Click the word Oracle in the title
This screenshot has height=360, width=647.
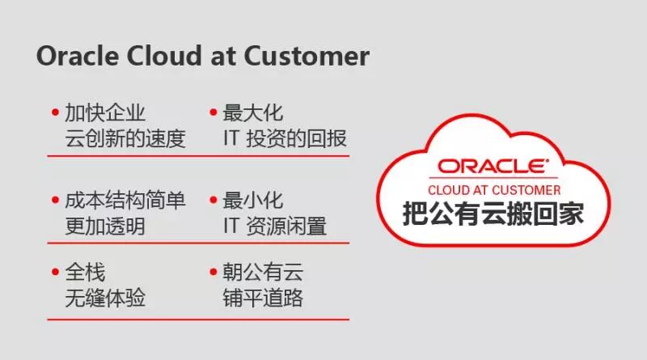(78, 56)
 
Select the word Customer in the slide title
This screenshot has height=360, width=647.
(307, 56)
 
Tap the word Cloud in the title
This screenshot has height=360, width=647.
(165, 56)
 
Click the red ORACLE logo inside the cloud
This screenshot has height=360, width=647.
(493, 166)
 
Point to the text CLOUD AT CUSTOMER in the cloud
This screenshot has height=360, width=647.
(494, 190)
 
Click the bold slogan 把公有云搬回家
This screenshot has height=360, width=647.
(493, 214)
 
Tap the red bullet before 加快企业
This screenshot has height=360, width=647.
(55, 112)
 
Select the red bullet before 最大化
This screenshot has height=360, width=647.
(214, 112)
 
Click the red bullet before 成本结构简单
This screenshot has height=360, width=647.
(55, 201)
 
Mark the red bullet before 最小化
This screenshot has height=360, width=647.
(214, 201)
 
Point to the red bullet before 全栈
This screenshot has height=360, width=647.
(55, 272)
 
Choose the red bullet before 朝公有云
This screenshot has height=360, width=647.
(214, 272)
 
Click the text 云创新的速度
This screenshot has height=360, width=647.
(125, 138)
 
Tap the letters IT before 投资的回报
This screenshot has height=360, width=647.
(231, 138)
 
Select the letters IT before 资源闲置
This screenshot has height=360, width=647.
(231, 227)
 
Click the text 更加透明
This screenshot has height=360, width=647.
(105, 227)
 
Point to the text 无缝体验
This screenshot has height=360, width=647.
(105, 298)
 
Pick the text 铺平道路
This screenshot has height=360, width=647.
(263, 298)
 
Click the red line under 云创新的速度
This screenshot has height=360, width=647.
(198, 156)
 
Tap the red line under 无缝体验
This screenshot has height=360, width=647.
(198, 319)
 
